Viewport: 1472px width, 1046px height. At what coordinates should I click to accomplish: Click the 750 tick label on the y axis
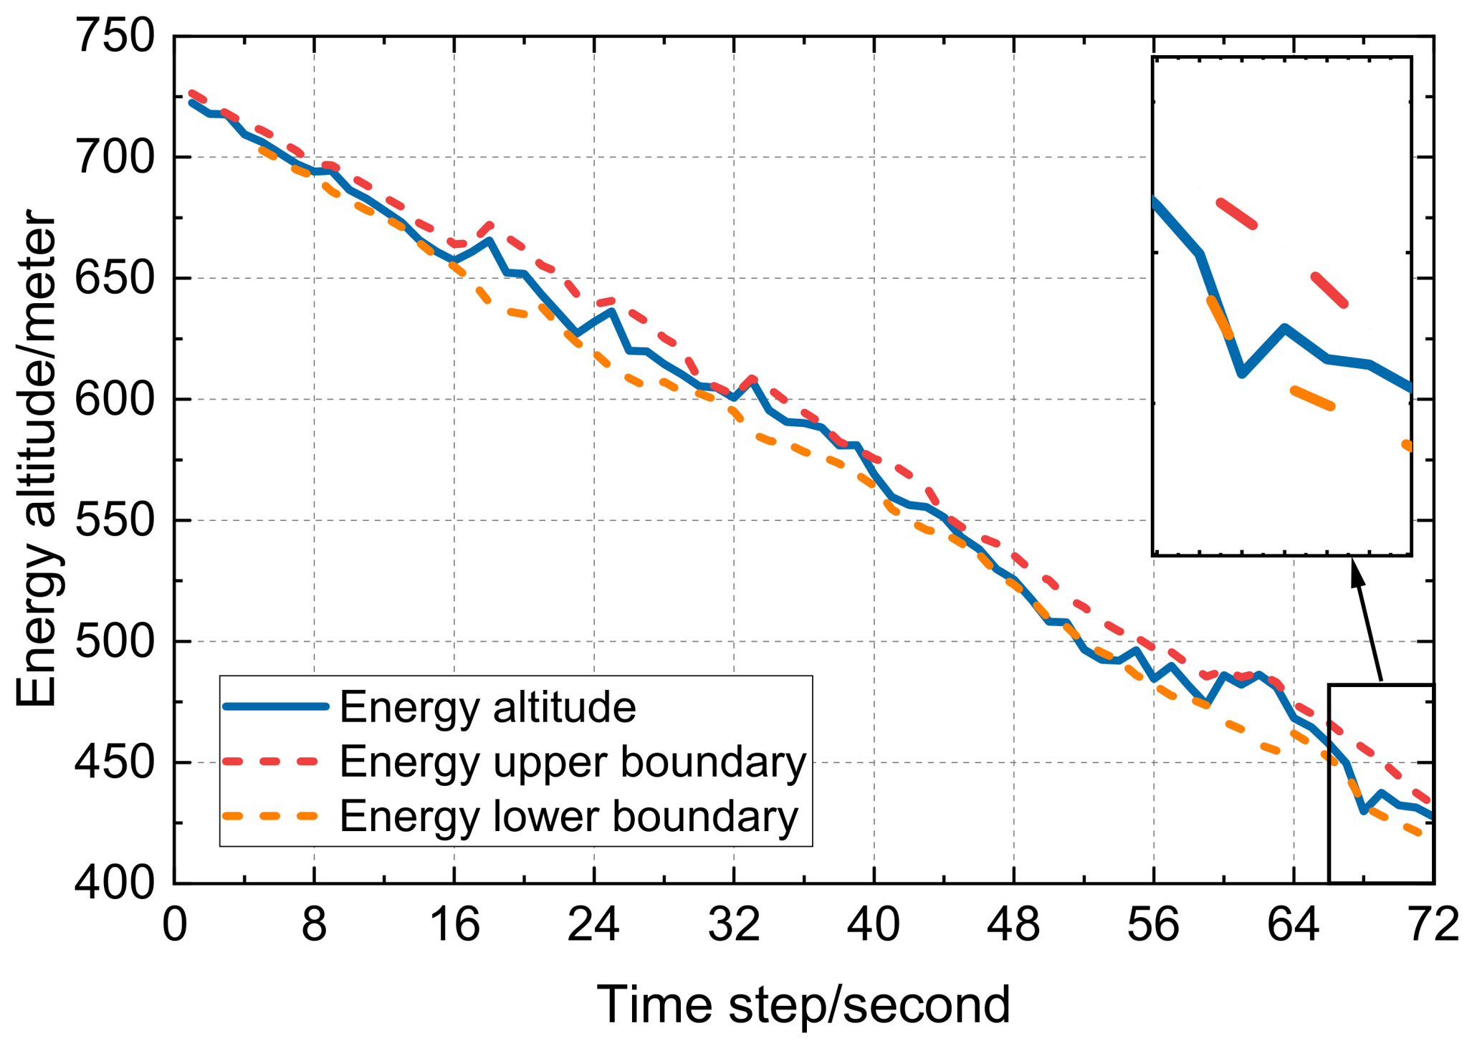coord(115,36)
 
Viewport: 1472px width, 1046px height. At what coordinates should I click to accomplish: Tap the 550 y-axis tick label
coord(115,521)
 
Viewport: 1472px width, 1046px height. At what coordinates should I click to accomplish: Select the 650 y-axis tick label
coord(115,278)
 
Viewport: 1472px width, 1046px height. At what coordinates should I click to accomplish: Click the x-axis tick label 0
coord(174,924)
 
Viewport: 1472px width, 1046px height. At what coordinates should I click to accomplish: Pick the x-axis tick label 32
coord(734,924)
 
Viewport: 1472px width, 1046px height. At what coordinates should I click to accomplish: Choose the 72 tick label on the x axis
coord(1433,924)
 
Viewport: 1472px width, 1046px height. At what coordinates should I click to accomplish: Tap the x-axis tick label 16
coord(454,924)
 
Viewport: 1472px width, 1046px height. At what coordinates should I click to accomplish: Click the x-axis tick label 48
coord(1013,924)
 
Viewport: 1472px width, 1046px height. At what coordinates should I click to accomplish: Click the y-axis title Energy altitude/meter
coord(36,459)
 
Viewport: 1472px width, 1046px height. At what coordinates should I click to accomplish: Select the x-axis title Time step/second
coord(803,1004)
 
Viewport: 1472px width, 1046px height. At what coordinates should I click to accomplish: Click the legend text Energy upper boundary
coord(573,762)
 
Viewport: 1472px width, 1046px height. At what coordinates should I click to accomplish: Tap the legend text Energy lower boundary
coord(569,815)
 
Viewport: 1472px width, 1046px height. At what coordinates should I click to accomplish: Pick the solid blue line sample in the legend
coord(276,706)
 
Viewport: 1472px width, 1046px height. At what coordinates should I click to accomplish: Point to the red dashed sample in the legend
coord(276,761)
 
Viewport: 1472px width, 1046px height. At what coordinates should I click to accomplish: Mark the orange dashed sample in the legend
coord(276,815)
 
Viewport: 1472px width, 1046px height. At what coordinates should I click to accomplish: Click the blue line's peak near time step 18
coord(489,239)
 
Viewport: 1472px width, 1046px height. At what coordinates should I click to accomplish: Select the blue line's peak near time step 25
coord(611,310)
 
